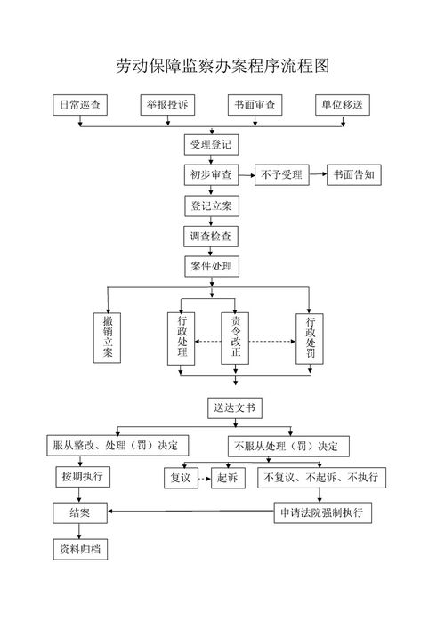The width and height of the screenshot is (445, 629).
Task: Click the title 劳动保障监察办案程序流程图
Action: pos(223,66)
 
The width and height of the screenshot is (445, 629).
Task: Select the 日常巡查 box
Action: pos(80,105)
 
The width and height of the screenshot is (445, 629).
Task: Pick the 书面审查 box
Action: pos(255,105)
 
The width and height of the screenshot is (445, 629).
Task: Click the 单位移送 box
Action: pos(342,105)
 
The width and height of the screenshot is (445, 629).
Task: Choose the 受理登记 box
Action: pos(211,144)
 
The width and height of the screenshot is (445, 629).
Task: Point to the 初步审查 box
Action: pos(211,175)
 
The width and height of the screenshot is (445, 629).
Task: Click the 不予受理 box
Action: pos(281,175)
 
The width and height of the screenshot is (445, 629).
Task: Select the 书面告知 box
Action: pos(354,175)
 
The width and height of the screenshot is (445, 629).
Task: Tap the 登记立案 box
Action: pos(211,206)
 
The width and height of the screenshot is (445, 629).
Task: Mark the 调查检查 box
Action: pos(211,237)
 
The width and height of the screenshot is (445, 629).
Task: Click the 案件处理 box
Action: pos(211,266)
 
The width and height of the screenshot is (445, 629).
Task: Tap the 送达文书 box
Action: pos(235,408)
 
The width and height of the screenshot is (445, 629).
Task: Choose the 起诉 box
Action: pos(228,478)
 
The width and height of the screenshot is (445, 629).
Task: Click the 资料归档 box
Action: pos(79,550)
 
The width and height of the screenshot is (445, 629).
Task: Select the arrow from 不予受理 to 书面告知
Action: pos(317,175)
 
